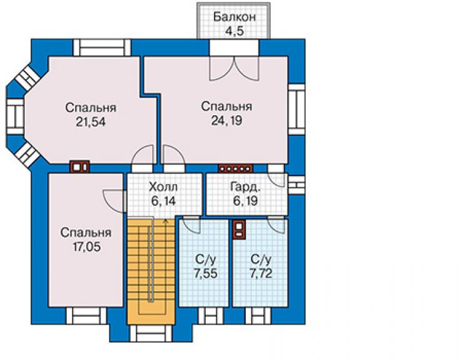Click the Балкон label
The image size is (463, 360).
pos(234,17)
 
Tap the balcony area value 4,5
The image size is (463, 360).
pos(234,31)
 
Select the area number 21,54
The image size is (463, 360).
pos(91,122)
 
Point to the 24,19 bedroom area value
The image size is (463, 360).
pos(226,120)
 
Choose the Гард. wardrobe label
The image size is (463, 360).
pos(245,187)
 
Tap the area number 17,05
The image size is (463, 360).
pos(86,247)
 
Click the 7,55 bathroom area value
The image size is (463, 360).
pos(205,274)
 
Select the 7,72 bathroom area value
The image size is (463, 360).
pos(261,274)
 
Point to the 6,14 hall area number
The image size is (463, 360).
pos(163,201)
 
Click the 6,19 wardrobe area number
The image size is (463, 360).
pos(245,201)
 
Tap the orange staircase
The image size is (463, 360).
pos(151,271)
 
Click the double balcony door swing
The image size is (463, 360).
pos(234,69)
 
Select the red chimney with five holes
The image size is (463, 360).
pos(235,168)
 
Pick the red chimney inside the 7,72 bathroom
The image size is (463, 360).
pos(238,229)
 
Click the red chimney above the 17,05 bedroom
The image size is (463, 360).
pos(79,167)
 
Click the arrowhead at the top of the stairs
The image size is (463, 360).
pos(165,220)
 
